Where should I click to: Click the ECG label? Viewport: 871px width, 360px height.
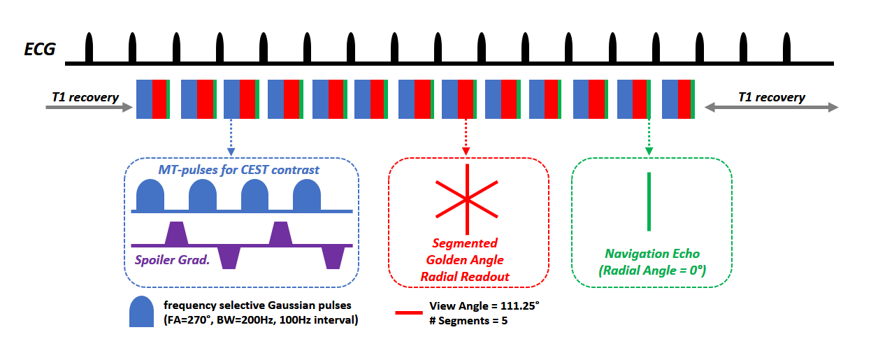40,50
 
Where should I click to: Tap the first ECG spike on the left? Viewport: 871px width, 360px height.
89,47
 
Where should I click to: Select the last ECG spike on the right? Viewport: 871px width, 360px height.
786,47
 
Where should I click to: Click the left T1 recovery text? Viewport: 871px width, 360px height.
85,96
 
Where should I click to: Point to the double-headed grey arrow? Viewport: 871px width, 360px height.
772,107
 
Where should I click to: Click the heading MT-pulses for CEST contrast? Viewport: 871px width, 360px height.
238,170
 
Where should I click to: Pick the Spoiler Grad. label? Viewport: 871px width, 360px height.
172,260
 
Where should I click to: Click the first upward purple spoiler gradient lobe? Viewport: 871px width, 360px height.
177,233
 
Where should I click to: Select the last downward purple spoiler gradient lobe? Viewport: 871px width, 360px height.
333,257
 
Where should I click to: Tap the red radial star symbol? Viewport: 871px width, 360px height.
467,199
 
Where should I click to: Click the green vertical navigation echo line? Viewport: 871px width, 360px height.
649,202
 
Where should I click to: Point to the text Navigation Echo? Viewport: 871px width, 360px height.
652,254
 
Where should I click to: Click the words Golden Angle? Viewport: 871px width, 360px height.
465,260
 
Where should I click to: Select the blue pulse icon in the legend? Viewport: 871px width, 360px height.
141,311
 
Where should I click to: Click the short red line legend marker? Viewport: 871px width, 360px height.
409,312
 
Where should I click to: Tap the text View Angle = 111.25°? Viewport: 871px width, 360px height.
484,306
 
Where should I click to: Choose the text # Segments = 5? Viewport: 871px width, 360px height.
468,321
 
